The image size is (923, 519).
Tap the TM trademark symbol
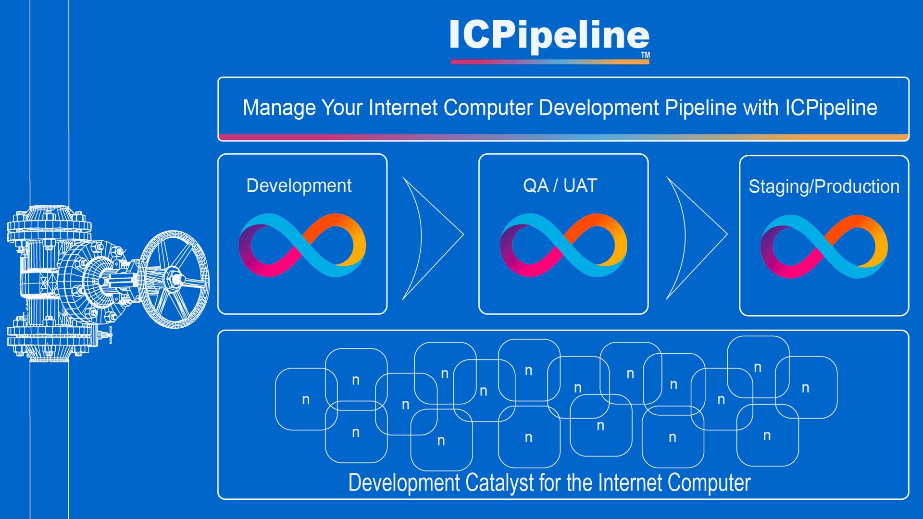[x=645, y=55]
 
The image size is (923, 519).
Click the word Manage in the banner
[x=279, y=108]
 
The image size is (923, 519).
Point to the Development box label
[x=299, y=186]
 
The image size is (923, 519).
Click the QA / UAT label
[x=560, y=185]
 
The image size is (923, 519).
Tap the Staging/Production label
[x=823, y=186]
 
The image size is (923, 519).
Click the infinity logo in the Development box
[x=302, y=245]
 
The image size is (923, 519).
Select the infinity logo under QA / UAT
[x=563, y=245]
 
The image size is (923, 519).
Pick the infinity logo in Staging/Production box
[x=824, y=247]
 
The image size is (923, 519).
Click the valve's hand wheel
[x=175, y=279]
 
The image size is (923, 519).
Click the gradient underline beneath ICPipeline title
[x=550, y=62]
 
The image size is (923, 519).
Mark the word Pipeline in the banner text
[x=700, y=108]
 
